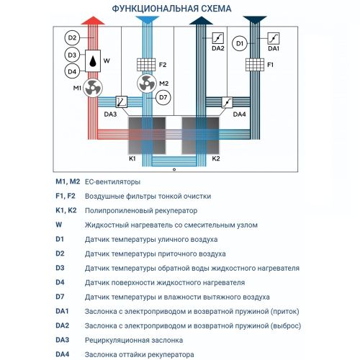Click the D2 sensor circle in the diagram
coord(72,38)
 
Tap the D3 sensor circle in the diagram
coord(72,55)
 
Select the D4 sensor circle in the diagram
coord(72,71)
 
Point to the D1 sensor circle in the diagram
coord(240,43)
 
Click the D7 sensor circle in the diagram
coord(163,97)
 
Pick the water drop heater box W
coord(93,61)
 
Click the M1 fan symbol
coord(93,88)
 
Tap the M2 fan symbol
coord(147,84)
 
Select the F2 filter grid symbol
coord(146,65)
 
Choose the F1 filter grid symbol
coord(255,65)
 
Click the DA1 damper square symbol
coord(274,38)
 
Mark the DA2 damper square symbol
coord(218,38)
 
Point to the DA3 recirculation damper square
coord(122,102)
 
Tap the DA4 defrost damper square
coord(227,102)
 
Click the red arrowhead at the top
coord(93,20)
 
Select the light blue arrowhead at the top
coord(148,20)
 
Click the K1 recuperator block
coord(147,135)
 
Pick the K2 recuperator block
coord(200,135)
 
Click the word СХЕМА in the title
coord(216,9)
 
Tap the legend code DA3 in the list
coord(63,340)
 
